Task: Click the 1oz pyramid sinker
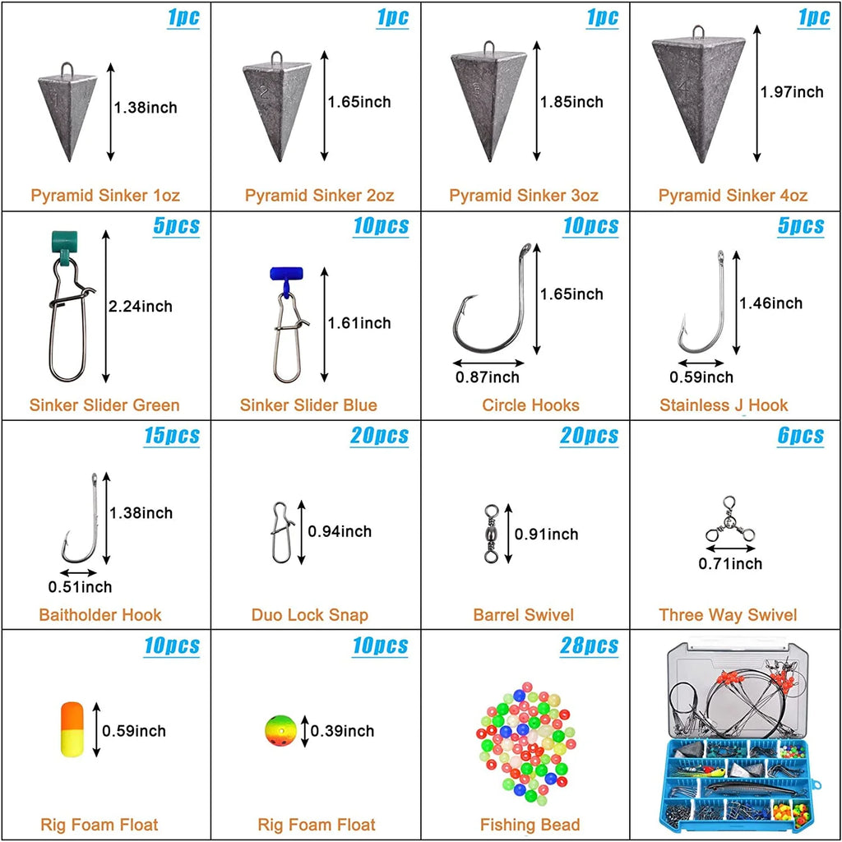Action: pyautogui.click(x=67, y=113)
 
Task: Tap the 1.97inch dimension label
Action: pyautogui.click(x=792, y=92)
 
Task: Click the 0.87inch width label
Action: pyautogui.click(x=488, y=377)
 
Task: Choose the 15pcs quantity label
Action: pyautogui.click(x=172, y=436)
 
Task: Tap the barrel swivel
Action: pyautogui.click(x=492, y=533)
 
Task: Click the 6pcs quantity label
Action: pyautogui.click(x=801, y=436)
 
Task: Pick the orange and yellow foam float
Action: pyautogui.click(x=72, y=729)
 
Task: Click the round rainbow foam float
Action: pyautogui.click(x=280, y=731)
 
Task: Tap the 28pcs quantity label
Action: pyautogui.click(x=589, y=645)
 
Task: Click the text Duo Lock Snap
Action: pyautogui.click(x=310, y=614)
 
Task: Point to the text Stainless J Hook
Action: pyautogui.click(x=724, y=405)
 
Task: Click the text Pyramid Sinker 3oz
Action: pyautogui.click(x=524, y=195)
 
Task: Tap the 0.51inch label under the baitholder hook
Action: pyautogui.click(x=80, y=586)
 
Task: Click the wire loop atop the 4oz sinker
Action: pyautogui.click(x=698, y=32)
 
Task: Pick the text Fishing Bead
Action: pyautogui.click(x=530, y=824)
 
